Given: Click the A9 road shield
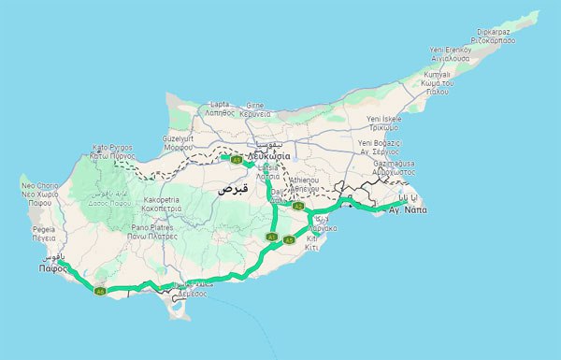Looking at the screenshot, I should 237,160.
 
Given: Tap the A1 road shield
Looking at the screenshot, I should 271,238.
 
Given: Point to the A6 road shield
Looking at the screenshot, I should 99,291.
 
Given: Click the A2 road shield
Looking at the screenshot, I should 297,206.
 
